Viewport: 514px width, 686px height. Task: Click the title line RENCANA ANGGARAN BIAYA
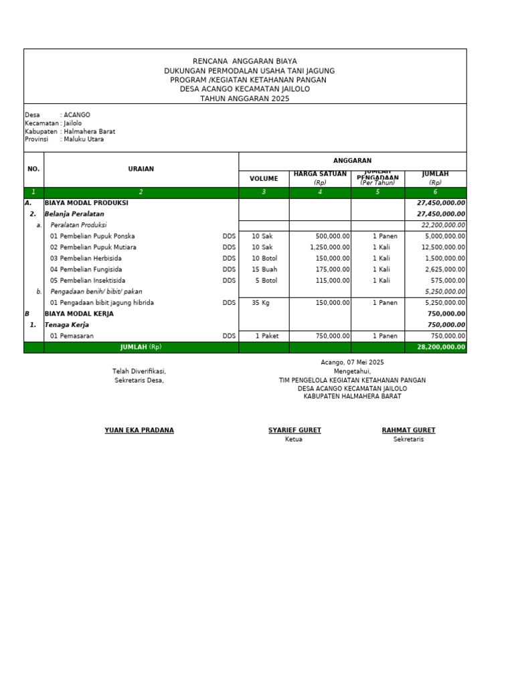click(x=244, y=61)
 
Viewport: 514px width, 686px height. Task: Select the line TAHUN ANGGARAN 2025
click(x=244, y=98)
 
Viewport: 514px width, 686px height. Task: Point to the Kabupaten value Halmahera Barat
click(x=90, y=131)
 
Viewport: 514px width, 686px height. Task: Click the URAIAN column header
click(x=141, y=169)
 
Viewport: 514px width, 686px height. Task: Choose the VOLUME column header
click(x=264, y=179)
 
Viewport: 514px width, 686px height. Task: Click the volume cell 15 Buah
click(x=264, y=269)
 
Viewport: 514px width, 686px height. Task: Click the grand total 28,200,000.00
click(x=440, y=347)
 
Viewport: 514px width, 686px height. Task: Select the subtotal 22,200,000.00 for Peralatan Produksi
click(x=443, y=225)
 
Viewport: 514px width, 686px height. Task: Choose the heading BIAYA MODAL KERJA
click(x=79, y=314)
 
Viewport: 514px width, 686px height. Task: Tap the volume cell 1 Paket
click(x=266, y=336)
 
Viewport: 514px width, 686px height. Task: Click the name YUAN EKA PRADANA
click(x=139, y=430)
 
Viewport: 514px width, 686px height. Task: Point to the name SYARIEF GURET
click(x=294, y=430)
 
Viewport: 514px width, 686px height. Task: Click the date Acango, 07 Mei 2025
click(x=352, y=362)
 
